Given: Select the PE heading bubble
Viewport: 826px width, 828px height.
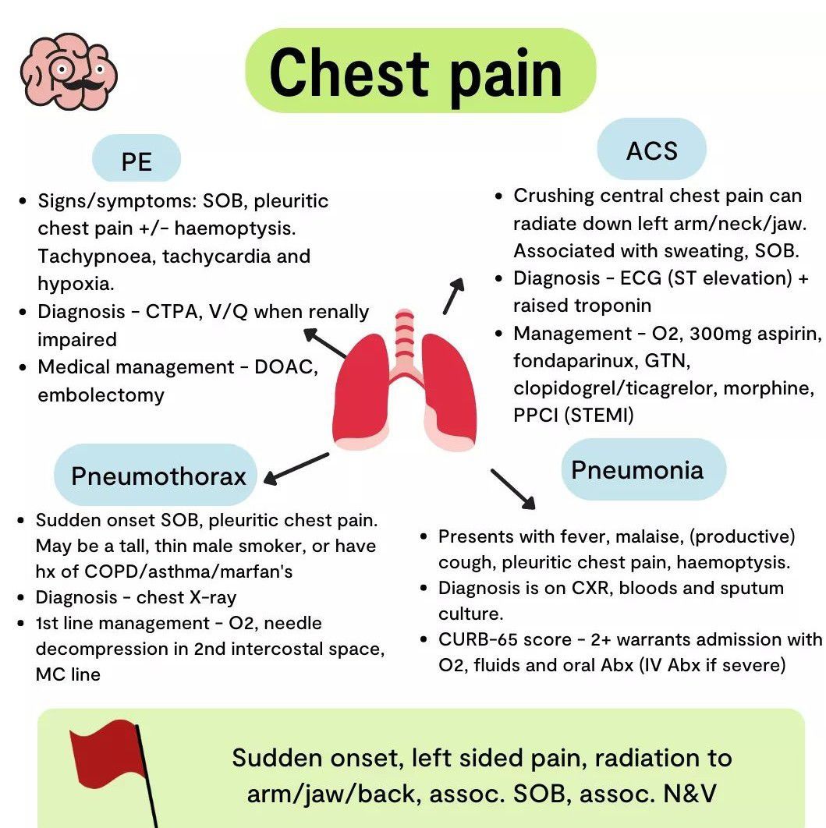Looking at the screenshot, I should pos(136,161).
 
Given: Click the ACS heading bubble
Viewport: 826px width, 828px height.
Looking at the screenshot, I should pos(651,150).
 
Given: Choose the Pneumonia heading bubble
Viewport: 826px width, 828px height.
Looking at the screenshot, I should pos(637,469).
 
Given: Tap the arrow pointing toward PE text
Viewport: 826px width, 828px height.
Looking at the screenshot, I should pos(326,344).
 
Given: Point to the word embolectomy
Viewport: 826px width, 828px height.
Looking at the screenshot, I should pos(101,395).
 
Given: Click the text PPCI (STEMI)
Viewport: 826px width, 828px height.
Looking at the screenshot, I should pos(573,415).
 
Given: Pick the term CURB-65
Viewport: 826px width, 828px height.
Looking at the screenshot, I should pos(483,639).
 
